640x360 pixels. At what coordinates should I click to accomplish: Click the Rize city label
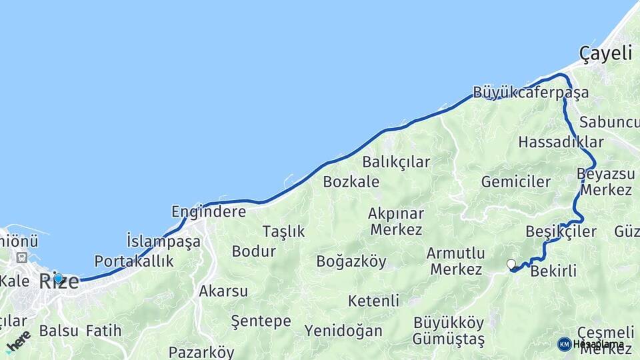(x=59, y=281)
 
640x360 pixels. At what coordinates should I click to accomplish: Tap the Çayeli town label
(x=605, y=54)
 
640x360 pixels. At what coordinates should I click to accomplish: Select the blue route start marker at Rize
(x=58, y=279)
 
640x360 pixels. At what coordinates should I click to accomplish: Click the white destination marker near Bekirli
(x=511, y=265)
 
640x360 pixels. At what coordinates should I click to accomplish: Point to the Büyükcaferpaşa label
(x=531, y=92)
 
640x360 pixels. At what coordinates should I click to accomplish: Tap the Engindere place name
(x=209, y=212)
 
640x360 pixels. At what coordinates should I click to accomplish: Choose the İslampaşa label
(x=163, y=241)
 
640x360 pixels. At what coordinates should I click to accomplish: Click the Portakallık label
(x=134, y=261)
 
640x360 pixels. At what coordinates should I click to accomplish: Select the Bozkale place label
(x=351, y=182)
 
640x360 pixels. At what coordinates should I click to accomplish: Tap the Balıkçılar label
(x=396, y=162)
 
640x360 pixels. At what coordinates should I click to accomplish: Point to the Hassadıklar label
(x=561, y=142)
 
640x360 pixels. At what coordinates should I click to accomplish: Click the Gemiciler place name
(x=516, y=182)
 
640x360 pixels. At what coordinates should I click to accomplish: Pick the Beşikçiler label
(x=561, y=232)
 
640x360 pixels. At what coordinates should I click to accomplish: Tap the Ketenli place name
(x=373, y=301)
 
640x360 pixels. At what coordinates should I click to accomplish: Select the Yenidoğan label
(x=343, y=331)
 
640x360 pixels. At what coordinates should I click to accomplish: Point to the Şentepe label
(x=261, y=321)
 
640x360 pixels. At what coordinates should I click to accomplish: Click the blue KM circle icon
(x=564, y=344)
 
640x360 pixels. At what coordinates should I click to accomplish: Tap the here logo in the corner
(x=18, y=341)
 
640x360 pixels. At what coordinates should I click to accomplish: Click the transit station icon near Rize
(x=23, y=257)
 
